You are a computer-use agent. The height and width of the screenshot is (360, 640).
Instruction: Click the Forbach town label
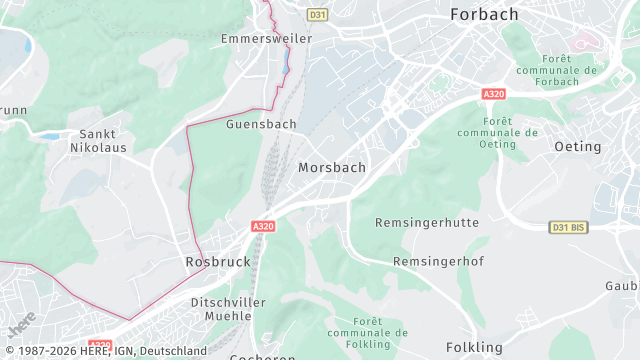[x=485, y=15]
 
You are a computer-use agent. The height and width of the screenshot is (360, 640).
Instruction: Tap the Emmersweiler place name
[x=266, y=38]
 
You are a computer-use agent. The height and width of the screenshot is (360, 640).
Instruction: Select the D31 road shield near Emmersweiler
[x=318, y=15]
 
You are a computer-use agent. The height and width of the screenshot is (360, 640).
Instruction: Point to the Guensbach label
[x=261, y=124]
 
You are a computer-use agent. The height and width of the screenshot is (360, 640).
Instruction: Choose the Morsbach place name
[x=332, y=167]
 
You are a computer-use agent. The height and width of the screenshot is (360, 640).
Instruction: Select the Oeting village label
[x=578, y=146]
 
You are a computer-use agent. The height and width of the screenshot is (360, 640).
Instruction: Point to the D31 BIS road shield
[x=568, y=228]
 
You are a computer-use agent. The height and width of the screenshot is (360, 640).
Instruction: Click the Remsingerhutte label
[x=427, y=222]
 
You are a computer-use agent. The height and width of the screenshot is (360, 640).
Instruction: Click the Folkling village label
[x=473, y=347]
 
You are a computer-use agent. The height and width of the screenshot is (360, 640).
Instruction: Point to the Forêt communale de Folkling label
[x=367, y=332]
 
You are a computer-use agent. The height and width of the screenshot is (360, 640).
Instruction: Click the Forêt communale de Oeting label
[x=497, y=132]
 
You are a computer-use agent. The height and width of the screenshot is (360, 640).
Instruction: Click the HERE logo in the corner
[x=20, y=323]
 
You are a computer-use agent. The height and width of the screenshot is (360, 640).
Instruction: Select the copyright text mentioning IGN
[x=104, y=351]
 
